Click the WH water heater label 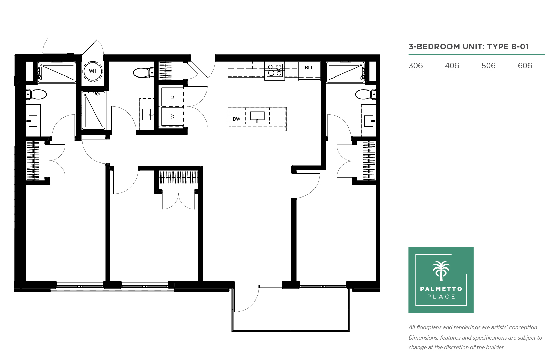93,71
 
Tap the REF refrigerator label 309,67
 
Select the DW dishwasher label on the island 236,119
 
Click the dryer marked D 172,97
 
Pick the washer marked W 172,116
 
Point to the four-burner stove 274,71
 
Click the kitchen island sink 257,116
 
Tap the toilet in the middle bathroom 143,72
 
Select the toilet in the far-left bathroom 36,95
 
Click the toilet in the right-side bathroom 365,95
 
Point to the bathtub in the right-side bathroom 345,72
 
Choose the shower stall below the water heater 94,110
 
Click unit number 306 415,66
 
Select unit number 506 488,66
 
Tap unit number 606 525,66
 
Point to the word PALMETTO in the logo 441,289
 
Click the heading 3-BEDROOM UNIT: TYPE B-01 469,47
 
